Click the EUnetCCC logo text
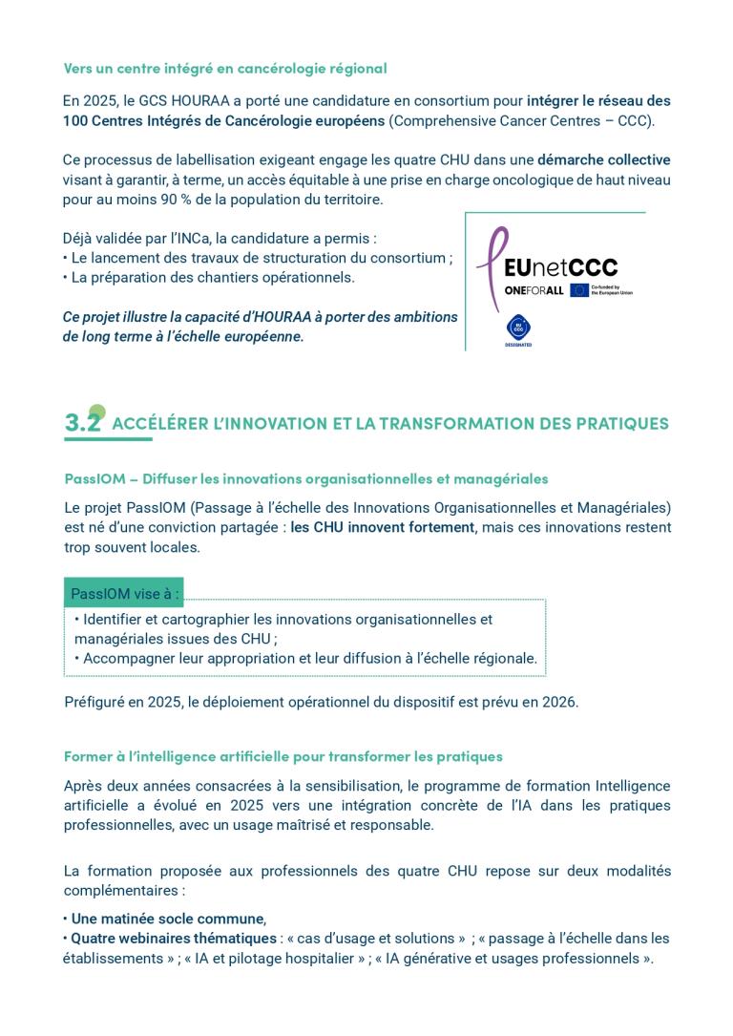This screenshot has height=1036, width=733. pyautogui.click(x=560, y=267)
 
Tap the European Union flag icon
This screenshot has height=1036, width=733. pyautogui.click(x=579, y=290)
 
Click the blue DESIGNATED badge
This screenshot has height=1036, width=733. pyautogui.click(x=518, y=329)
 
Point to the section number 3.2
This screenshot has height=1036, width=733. pyautogui.click(x=83, y=423)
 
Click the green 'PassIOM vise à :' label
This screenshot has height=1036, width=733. pyautogui.click(x=124, y=593)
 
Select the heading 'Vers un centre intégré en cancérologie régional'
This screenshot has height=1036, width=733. pyautogui.click(x=224, y=68)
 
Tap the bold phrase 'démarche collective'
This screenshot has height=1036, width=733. pyautogui.click(x=603, y=159)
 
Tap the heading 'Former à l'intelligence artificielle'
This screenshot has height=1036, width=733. pyautogui.click(x=283, y=756)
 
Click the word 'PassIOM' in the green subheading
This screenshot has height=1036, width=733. pyautogui.click(x=95, y=478)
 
